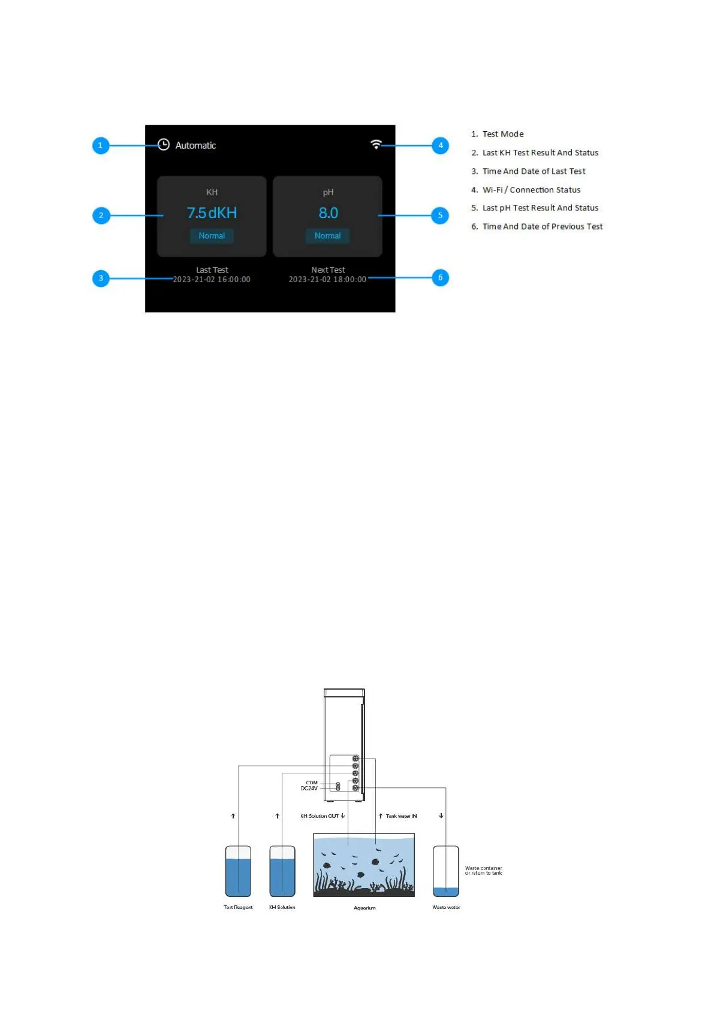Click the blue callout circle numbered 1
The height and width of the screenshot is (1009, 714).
pyautogui.click(x=101, y=146)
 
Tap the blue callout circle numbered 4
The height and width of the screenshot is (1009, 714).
pyautogui.click(x=441, y=146)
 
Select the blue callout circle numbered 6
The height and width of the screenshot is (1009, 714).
pyautogui.click(x=441, y=277)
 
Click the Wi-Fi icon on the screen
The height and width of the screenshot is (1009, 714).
pyautogui.click(x=376, y=144)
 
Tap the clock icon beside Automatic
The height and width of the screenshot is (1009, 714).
pyautogui.click(x=164, y=145)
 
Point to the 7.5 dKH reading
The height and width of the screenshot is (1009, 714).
pyautogui.click(x=212, y=213)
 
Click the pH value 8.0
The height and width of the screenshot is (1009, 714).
pyautogui.click(x=328, y=213)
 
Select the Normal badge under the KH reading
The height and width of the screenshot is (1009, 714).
pyautogui.click(x=212, y=236)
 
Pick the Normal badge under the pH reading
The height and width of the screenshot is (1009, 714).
pyautogui.click(x=327, y=236)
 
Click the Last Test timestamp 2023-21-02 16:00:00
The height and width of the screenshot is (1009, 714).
pyautogui.click(x=212, y=280)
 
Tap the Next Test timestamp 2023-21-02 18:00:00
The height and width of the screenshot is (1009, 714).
pyautogui.click(x=327, y=280)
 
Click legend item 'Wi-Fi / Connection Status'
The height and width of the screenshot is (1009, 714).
pyautogui.click(x=531, y=190)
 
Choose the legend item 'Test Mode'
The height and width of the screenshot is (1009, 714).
pyautogui.click(x=503, y=134)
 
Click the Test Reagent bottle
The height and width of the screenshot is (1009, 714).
pyautogui.click(x=238, y=871)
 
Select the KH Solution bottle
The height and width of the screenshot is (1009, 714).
pyautogui.click(x=282, y=871)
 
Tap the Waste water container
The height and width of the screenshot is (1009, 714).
pyautogui.click(x=446, y=871)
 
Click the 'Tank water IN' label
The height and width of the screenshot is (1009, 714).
pyautogui.click(x=401, y=816)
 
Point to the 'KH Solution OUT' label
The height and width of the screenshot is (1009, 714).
pyautogui.click(x=320, y=816)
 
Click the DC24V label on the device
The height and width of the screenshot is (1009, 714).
pyautogui.click(x=309, y=789)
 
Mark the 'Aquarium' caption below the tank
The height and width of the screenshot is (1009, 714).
pyautogui.click(x=364, y=908)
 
